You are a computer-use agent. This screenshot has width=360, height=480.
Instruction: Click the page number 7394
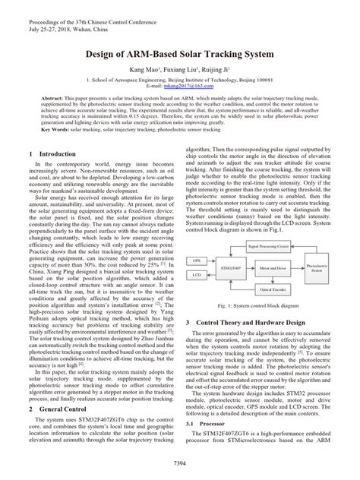(180, 463)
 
